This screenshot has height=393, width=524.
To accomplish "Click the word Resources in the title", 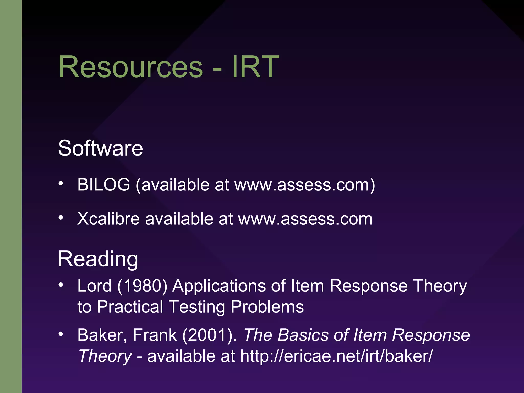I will click(x=130, y=67).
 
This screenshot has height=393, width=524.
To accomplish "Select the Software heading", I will click(x=100, y=148).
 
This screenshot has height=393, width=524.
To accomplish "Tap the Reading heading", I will click(x=98, y=259).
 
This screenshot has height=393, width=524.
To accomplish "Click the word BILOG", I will click(x=104, y=184).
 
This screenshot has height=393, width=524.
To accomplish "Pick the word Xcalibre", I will click(x=108, y=219).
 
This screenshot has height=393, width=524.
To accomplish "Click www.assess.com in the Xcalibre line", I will click(x=305, y=219).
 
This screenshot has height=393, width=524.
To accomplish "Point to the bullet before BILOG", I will click(x=61, y=183).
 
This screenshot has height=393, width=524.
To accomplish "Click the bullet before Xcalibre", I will click(x=61, y=218).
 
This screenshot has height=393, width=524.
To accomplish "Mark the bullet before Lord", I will click(x=61, y=285).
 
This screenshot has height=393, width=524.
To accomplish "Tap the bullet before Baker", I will click(x=61, y=334).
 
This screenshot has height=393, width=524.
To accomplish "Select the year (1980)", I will click(x=142, y=286).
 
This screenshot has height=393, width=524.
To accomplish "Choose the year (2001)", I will click(x=210, y=335).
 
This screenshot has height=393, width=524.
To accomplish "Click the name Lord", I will click(x=94, y=286).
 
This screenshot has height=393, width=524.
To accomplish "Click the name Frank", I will click(x=155, y=335).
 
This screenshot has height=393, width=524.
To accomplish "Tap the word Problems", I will click(x=267, y=307).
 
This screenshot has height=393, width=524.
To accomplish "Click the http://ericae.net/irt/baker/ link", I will click(x=336, y=356).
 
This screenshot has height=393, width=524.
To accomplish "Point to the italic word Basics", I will click(x=303, y=335).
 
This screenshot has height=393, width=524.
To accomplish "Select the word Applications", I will click(x=219, y=286).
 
